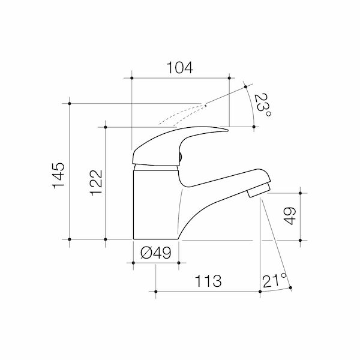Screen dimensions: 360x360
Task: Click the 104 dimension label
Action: pyautogui.click(x=179, y=68)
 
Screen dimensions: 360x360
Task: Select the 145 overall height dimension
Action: pyautogui.click(x=59, y=175)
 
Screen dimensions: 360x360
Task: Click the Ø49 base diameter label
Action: pyautogui.click(x=155, y=253)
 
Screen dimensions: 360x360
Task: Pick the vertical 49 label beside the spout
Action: pyautogui.click(x=290, y=216)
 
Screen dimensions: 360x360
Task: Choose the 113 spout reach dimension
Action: pyautogui.click(x=208, y=281)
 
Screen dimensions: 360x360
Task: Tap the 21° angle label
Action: pyautogui.click(x=274, y=280)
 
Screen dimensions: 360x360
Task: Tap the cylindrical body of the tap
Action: pyautogui.click(x=155, y=204)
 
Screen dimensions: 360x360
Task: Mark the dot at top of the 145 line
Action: pyautogui.click(x=70, y=104)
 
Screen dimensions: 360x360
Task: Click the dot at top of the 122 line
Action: pyautogui.click(x=106, y=127)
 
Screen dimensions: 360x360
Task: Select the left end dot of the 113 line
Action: pyautogui.click(x=155, y=291)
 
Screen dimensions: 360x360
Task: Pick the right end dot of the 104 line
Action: pyautogui.click(x=229, y=77)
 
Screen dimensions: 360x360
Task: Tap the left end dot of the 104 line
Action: pyautogui.click(x=130, y=77)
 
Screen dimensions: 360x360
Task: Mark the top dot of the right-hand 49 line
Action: pyautogui.click(x=300, y=193)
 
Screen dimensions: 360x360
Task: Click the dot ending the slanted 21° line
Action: pyautogui.click(x=290, y=289)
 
